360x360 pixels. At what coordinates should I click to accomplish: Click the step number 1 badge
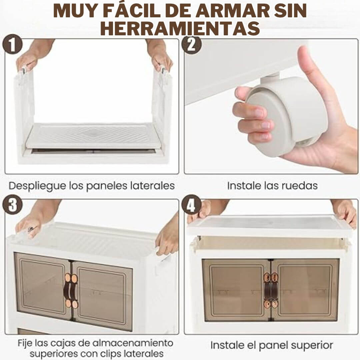click(x=13, y=45)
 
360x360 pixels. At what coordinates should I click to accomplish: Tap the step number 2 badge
click(x=192, y=45)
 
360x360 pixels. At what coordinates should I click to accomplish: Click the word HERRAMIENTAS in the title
click(x=180, y=28)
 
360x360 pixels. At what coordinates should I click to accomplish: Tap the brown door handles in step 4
click(x=271, y=290)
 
